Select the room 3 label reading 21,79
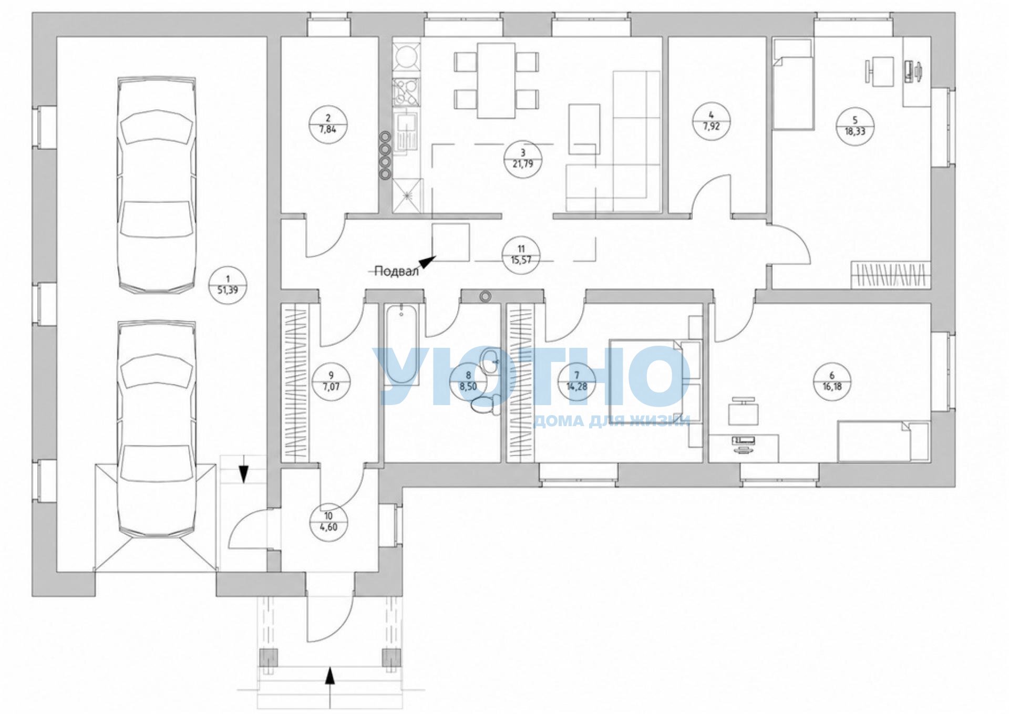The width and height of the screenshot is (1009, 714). pos(523,163)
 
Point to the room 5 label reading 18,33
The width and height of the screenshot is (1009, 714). pos(855,132)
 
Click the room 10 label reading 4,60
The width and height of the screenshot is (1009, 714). pos(328,527)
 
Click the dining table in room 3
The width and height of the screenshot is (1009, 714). pos(496,80)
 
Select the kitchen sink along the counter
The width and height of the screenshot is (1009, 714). pos(407,133)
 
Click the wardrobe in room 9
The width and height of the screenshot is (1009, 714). pos(295,383)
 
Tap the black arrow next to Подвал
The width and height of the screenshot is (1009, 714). pos(428,262)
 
